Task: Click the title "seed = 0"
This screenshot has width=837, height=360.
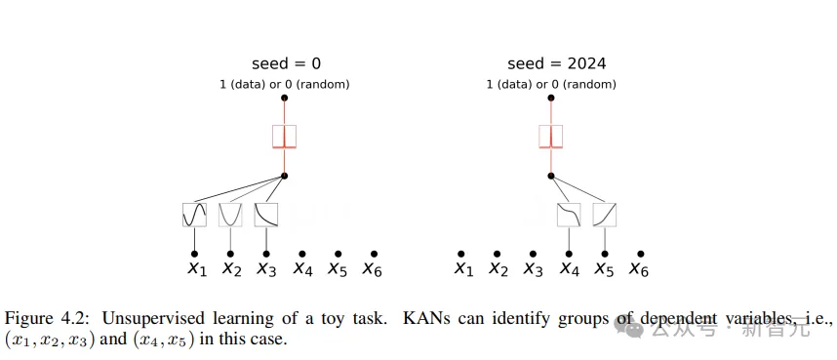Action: click(284, 63)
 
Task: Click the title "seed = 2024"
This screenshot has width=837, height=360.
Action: click(556, 63)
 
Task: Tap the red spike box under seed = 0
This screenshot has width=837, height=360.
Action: click(284, 136)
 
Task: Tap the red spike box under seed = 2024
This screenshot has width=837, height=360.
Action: click(551, 136)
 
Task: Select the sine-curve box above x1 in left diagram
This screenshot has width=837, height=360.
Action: click(194, 214)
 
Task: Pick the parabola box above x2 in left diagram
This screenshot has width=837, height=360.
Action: click(230, 214)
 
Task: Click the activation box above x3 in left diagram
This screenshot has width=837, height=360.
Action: click(266, 214)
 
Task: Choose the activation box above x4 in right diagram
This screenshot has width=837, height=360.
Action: click(569, 214)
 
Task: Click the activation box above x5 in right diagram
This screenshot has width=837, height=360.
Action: click(605, 214)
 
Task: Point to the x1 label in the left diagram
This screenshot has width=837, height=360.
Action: click(195, 268)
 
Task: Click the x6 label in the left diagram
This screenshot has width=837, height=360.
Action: click(372, 268)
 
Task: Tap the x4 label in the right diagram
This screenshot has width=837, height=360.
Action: click(569, 268)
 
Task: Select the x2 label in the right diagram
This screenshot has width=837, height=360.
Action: click(498, 268)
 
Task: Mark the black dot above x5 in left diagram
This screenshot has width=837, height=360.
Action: click(338, 254)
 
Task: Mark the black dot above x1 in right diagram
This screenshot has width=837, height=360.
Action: click(461, 254)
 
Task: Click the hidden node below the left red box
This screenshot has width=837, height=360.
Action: click(284, 176)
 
